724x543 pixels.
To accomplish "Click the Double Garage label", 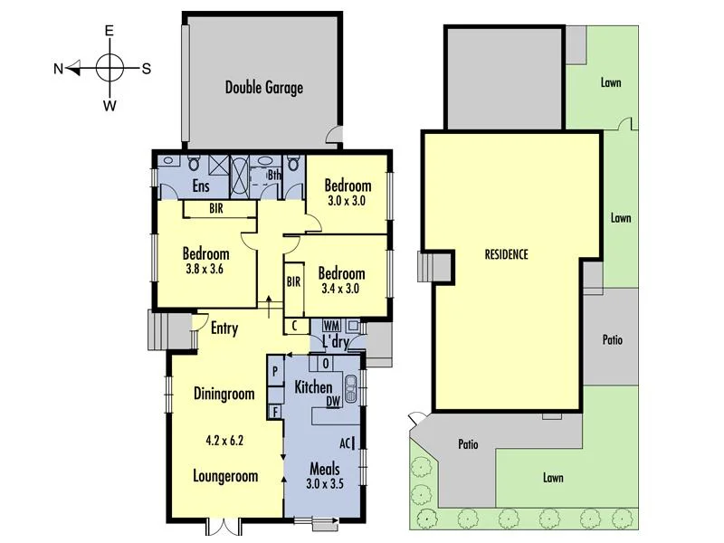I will click(263, 88).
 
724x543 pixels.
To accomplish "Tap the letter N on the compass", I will click(58, 68).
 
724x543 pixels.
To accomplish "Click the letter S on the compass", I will click(146, 68).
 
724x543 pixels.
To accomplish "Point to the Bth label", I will click(274, 175).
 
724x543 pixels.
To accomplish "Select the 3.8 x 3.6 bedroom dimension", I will click(205, 269).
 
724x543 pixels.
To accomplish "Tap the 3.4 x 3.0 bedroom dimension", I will click(340, 289).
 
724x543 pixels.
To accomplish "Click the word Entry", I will click(224, 329).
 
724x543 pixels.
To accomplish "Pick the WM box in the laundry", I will click(330, 325).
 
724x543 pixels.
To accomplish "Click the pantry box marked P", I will click(274, 372).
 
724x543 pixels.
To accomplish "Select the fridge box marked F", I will click(274, 412).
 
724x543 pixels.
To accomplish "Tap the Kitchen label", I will click(313, 387).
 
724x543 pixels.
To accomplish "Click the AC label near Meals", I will click(345, 443).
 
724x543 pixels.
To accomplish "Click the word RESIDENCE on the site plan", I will click(505, 254).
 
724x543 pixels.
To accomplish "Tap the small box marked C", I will click(295, 326).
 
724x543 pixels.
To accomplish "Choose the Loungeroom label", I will click(225, 476).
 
